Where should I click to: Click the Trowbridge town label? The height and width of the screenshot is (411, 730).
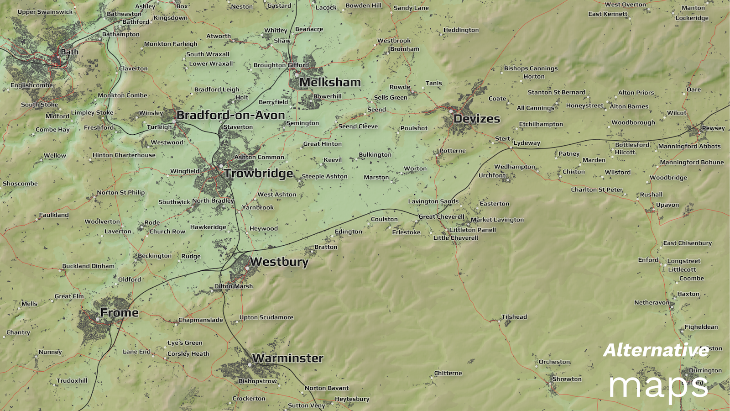(258, 174)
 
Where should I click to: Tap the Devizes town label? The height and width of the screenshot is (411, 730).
(477, 119)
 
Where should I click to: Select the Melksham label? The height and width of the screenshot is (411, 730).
(330, 82)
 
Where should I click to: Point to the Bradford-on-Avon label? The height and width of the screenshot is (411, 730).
(230, 115)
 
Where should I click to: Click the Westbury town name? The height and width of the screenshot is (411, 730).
(279, 262)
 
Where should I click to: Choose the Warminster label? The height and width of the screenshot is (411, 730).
(288, 358)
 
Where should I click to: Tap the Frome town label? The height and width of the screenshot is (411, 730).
(119, 313)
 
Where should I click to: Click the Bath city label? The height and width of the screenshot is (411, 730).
(70, 52)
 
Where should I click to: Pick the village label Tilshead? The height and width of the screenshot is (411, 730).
(514, 316)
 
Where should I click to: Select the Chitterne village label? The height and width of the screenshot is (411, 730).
(448, 373)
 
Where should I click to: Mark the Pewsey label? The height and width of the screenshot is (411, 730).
(713, 128)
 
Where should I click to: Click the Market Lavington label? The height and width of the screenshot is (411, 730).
(497, 220)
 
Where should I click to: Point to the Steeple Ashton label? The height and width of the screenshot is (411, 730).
(324, 176)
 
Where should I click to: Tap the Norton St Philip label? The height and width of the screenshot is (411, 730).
(120, 193)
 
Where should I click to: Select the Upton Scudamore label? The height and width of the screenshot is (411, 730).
(266, 317)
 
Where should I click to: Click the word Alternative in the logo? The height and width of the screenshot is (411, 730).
(656, 350)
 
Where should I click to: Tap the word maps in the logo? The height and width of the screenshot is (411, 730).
(658, 386)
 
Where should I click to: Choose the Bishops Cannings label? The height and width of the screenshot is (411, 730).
(531, 68)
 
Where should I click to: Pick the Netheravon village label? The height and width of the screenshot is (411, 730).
(652, 303)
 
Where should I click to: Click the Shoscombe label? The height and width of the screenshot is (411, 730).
(20, 184)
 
